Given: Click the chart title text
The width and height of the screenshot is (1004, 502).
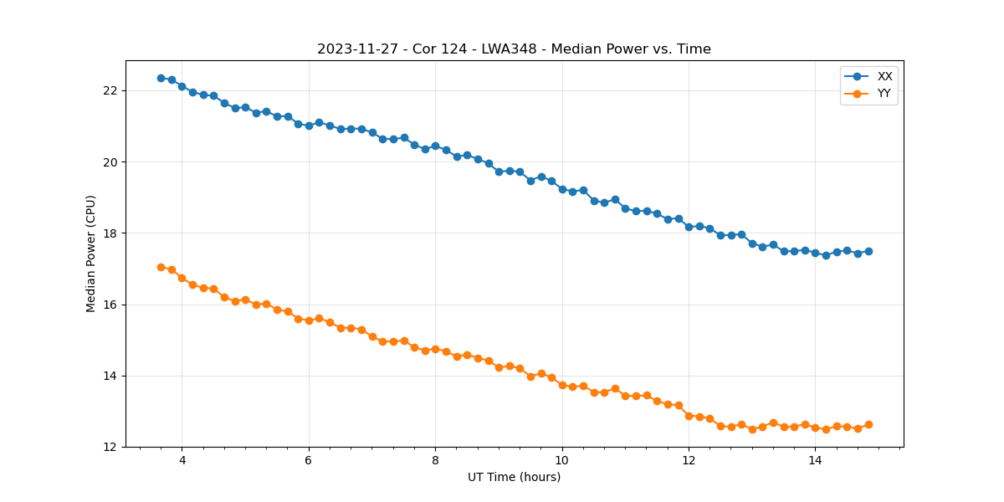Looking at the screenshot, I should point(514,49).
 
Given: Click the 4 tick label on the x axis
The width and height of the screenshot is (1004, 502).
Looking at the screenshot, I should point(182,461).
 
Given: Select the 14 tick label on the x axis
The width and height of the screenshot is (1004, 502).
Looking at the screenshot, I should point(815,461).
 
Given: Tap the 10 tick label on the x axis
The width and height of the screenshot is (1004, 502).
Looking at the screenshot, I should point(562,461).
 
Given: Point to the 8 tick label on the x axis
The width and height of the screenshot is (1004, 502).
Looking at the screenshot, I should point(435,461).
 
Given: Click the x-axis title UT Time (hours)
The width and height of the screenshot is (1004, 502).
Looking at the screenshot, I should point(514,478).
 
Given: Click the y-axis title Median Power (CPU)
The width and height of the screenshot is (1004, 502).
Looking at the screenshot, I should point(91,254).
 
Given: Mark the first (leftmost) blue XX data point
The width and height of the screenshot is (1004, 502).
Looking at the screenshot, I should point(161,78).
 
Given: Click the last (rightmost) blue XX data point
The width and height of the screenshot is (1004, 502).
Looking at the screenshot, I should point(868,251).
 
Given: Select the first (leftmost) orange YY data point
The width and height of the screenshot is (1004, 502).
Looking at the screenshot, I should point(161,267).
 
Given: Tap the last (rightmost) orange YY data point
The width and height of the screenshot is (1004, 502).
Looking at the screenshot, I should point(868,424).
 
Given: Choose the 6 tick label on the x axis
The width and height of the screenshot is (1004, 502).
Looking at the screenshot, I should point(309,461).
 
